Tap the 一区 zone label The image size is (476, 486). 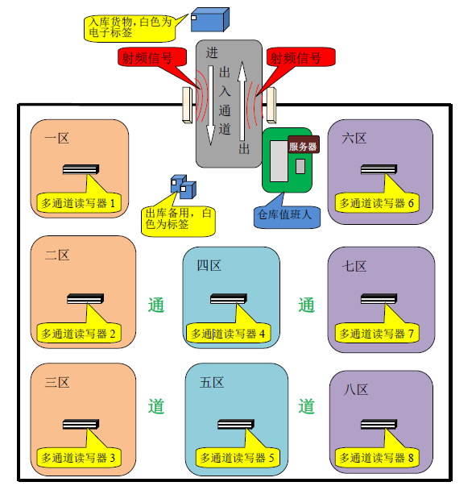tap(56, 139)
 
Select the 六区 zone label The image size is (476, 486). tap(354, 139)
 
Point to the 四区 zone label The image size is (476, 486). tap(209, 266)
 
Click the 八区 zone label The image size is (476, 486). tap(356, 389)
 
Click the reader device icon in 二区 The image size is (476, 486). tap(85, 298)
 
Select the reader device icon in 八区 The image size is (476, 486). tap(379, 424)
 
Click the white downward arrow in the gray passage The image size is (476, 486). tap(210, 105)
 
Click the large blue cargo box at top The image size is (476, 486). tap(210, 19)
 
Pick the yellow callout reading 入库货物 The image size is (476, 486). tap(130, 27)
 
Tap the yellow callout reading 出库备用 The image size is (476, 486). tap(178, 218)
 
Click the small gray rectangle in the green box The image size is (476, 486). tap(300, 166)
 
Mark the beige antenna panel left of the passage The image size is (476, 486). tap(187, 105)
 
